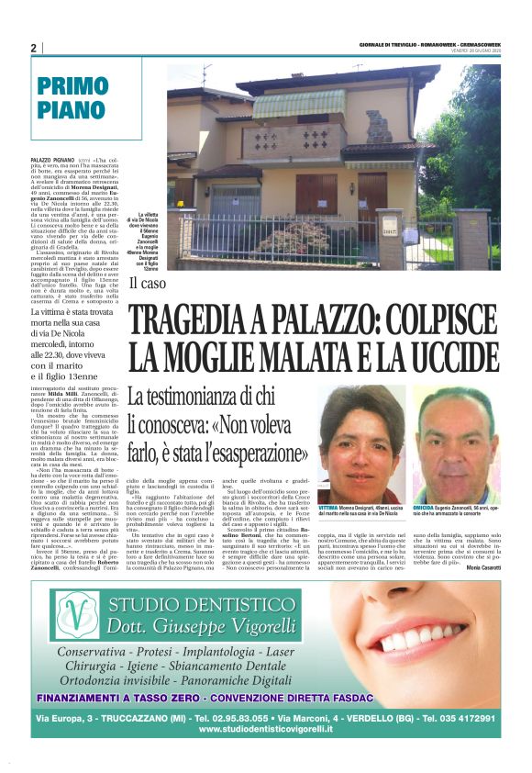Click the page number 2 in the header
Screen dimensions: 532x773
click(x=33, y=48)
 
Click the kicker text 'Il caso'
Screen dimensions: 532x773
click(x=147, y=284)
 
